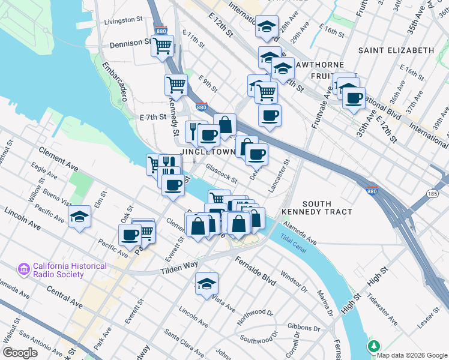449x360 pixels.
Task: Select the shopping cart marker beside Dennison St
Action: pyautogui.click(x=162, y=46)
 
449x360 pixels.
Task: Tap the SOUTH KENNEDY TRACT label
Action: pyautogui.click(x=325, y=209)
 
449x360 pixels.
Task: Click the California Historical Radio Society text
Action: pyautogui.click(x=70, y=270)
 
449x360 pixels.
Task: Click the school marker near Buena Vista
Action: pyautogui.click(x=79, y=217)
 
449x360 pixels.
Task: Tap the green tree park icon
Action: pyautogui.click(x=374, y=347)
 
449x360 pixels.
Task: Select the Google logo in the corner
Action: pyautogui.click(x=20, y=352)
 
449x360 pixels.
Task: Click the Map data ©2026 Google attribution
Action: pyautogui.click(x=412, y=355)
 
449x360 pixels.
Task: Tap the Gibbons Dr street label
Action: pyautogui.click(x=303, y=328)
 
